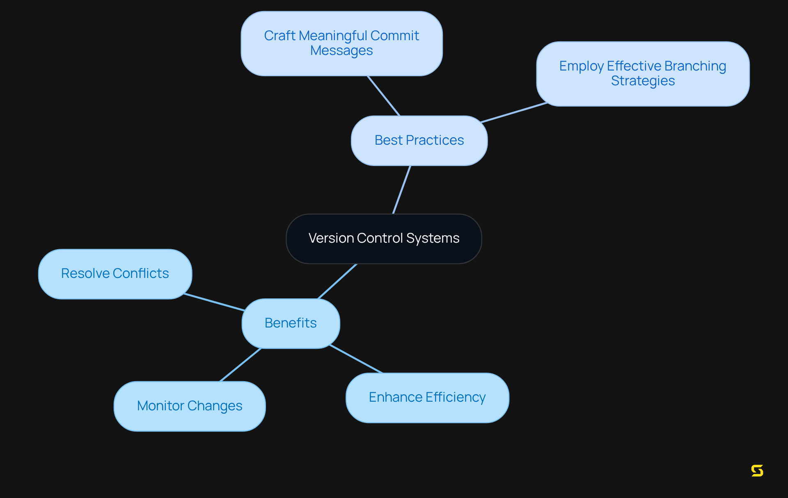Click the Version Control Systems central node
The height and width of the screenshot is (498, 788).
pos(384,239)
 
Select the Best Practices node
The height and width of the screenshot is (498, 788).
pos(419,141)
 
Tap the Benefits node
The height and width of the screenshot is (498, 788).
pos(291,323)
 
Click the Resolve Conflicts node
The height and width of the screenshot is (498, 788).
pos(115,274)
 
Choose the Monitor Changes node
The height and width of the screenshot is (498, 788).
pos(190,406)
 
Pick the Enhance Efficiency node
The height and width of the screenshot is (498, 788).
pos(427,398)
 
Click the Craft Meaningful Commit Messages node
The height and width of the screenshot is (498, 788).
pos(341,43)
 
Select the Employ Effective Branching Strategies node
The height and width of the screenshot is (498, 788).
pos(643,74)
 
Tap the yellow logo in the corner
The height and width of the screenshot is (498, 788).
pos(757,471)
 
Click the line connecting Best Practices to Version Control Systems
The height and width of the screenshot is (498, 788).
pos(402,189)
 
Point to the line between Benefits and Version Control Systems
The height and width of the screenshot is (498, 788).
pos(337,281)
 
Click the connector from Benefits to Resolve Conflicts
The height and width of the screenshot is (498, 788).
pos(214,302)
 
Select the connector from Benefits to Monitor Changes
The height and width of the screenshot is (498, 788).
pos(241,365)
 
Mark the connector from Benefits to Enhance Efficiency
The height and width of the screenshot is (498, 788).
pos(356,359)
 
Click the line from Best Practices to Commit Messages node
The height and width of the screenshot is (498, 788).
pos(384,96)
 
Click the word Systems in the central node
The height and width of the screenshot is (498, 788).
pos(433,238)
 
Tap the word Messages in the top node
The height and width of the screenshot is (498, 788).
pos(341,51)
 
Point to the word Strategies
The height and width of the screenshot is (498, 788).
pos(643,81)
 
